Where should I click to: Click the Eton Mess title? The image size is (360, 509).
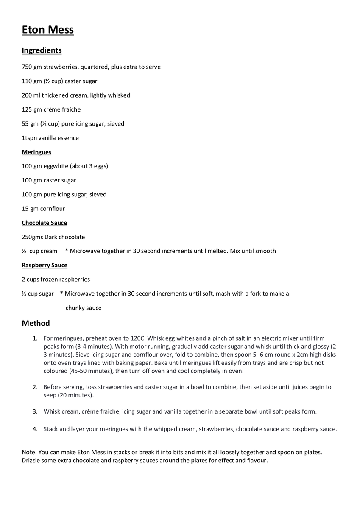pyautogui.click(x=47, y=30)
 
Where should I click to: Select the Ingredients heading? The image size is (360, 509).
pyautogui.click(x=42, y=50)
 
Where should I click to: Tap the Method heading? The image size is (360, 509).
pyautogui.click(x=36, y=323)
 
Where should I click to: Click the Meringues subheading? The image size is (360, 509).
pyautogui.click(x=36, y=152)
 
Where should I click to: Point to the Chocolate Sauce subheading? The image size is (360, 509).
pyautogui.click(x=44, y=223)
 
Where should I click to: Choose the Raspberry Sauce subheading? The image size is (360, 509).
pyautogui.click(x=45, y=265)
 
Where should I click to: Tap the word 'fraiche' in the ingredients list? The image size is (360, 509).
pyautogui.click(x=70, y=109)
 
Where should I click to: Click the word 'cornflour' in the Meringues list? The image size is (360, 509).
pyautogui.click(x=53, y=209)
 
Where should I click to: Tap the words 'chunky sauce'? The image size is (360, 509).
pyautogui.click(x=83, y=308)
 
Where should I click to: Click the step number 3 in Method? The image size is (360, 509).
pyautogui.click(x=35, y=411)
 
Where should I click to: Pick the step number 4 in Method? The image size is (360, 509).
pyautogui.click(x=35, y=429)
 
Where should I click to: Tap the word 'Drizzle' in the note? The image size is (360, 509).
pyautogui.click(x=32, y=461)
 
